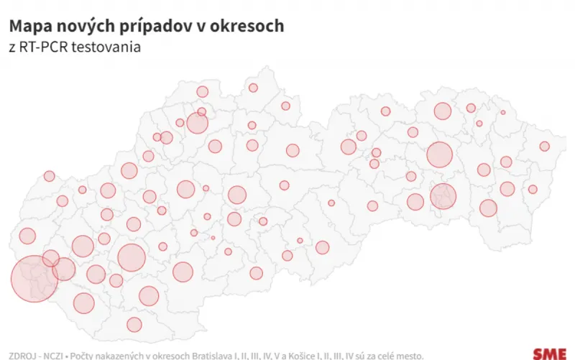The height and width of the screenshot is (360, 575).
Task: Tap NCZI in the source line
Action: pos(56,354)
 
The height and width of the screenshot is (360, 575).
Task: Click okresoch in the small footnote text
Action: pos(170,354)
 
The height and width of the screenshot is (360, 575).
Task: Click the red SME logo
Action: pos(550,353)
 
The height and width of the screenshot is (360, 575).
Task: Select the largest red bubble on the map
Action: pos(34,277)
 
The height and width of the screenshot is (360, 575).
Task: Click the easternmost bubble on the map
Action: pos(545,147)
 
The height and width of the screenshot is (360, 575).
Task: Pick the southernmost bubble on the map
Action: pos(134,324)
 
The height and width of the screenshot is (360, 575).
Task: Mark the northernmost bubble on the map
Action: pos(253,88)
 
